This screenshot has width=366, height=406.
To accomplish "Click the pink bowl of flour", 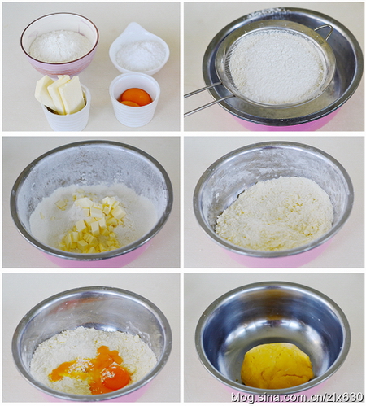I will (x=59, y=46).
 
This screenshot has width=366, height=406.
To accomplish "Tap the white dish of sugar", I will (x=140, y=55).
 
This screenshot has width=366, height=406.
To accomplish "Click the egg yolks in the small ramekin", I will (x=135, y=97).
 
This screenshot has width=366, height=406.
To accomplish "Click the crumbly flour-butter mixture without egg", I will (x=275, y=213).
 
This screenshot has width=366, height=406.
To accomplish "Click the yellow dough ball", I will (x=277, y=365).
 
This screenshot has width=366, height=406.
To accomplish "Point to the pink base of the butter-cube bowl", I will (x=89, y=260).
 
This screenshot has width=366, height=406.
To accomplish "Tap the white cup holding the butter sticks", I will (x=67, y=120).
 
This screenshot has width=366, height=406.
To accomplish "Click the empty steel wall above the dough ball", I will (x=272, y=317).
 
